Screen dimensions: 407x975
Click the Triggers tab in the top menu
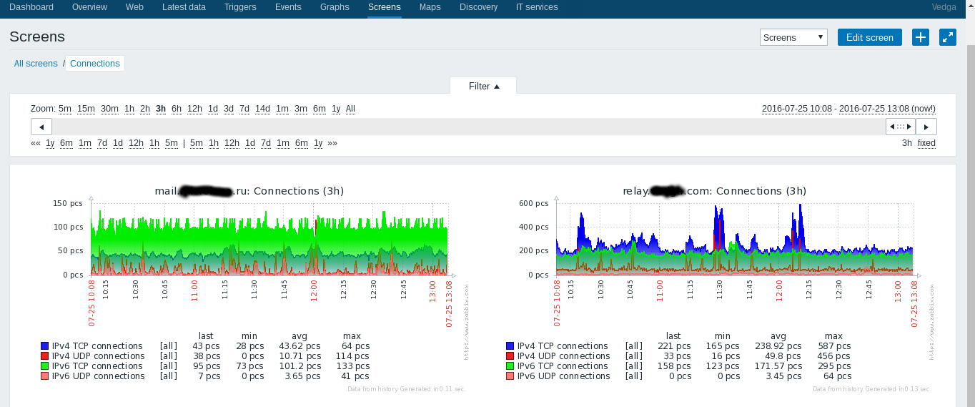(240, 7)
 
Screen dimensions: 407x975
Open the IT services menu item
(537, 7)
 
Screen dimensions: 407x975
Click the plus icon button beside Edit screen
(921, 37)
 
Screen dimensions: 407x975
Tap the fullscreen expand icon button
(948, 37)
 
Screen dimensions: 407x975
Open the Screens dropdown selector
(793, 37)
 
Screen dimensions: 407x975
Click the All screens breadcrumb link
(36, 64)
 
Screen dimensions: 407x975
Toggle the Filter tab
(483, 86)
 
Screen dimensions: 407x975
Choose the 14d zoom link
(262, 109)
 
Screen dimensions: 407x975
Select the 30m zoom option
(109, 109)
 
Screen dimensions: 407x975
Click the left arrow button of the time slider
(41, 127)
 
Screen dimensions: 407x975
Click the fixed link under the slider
(926, 143)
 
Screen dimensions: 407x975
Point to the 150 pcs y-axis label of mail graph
(68, 203)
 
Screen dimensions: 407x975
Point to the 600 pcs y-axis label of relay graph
(533, 203)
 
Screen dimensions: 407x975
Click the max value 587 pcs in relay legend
(833, 346)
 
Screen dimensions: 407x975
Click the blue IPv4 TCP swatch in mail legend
(45, 346)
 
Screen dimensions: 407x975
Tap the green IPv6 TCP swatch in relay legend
(510, 366)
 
